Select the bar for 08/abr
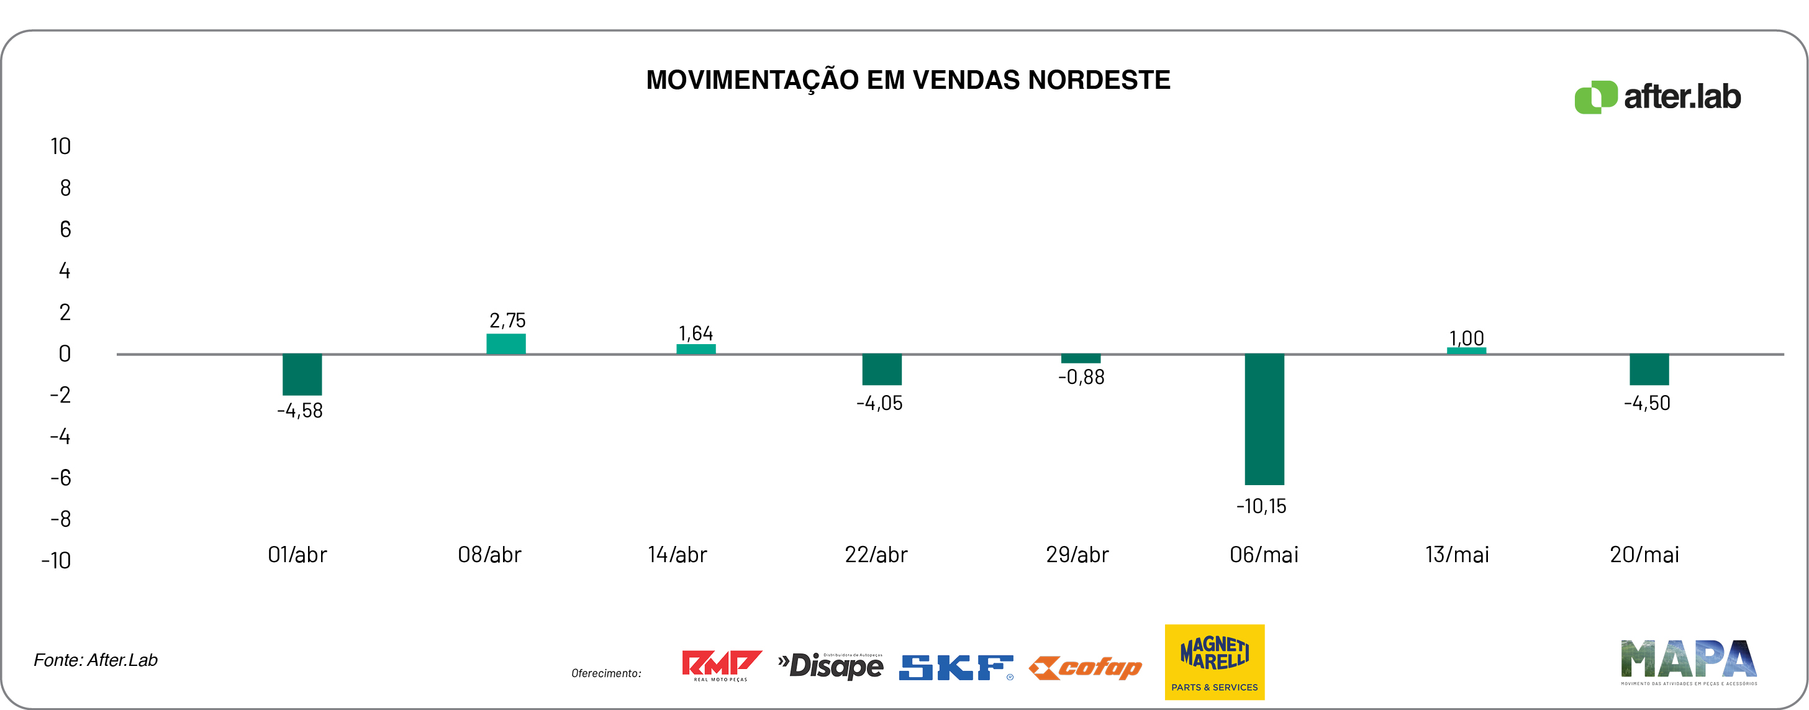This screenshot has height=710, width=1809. (x=506, y=344)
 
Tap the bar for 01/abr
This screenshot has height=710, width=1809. (x=302, y=375)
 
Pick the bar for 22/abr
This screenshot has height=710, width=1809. (x=881, y=370)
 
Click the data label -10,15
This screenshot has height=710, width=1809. (x=1261, y=506)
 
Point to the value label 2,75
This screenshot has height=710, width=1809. (x=507, y=321)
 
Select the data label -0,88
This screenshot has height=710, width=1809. (x=1081, y=378)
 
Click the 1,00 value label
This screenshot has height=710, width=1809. (x=1466, y=338)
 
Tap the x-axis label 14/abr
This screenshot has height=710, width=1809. (x=677, y=555)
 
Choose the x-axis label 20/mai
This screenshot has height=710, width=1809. (x=1644, y=555)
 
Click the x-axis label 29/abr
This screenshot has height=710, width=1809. (x=1077, y=555)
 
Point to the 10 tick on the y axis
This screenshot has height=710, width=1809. (x=60, y=146)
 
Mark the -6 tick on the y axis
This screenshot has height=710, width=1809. (x=60, y=478)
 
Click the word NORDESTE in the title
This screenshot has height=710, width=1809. (x=1099, y=80)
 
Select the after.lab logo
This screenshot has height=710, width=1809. (x=1657, y=97)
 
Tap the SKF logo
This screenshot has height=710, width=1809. (x=956, y=667)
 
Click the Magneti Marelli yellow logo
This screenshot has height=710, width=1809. (x=1214, y=662)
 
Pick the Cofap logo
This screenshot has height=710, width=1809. (x=1086, y=667)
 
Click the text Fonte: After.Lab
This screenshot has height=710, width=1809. (x=96, y=660)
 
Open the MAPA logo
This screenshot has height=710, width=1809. (x=1688, y=662)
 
